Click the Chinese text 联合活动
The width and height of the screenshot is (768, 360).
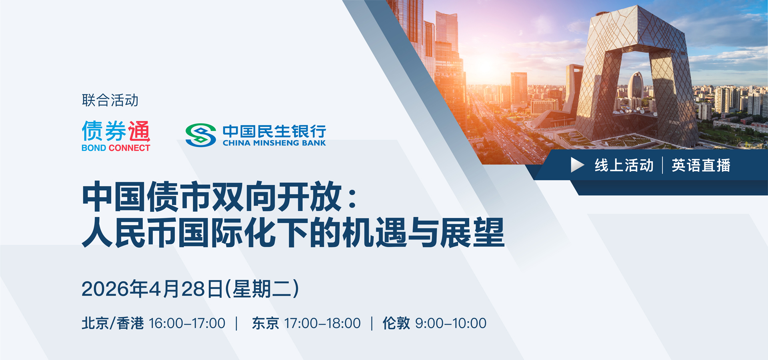coord(110,100)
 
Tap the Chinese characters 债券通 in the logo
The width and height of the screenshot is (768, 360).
coord(116,131)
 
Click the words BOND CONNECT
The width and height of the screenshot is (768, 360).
coord(116,148)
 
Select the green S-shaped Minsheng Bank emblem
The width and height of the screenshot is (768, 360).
coord(201,135)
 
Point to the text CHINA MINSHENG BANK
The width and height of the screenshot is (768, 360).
coord(274,143)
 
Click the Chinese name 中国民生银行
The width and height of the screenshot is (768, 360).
coord(274,131)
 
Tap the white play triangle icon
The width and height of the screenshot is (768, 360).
coord(577,165)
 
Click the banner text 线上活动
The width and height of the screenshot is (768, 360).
coord(624,165)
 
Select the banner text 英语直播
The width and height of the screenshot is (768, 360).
coord(701,165)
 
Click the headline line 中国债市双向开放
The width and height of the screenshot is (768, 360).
coord(212,197)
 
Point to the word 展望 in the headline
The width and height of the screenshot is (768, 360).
coord(472,232)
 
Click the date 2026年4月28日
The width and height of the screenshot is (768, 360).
coord(152,289)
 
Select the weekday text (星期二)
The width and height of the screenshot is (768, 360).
coord(262,289)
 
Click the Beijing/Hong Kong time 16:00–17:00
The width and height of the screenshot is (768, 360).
coord(187,323)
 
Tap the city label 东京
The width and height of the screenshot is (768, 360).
coord(265,323)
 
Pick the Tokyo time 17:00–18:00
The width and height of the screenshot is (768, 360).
coord(322,323)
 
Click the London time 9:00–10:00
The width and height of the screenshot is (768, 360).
coord(451,323)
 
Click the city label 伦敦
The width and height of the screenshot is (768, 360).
coord(396,323)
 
